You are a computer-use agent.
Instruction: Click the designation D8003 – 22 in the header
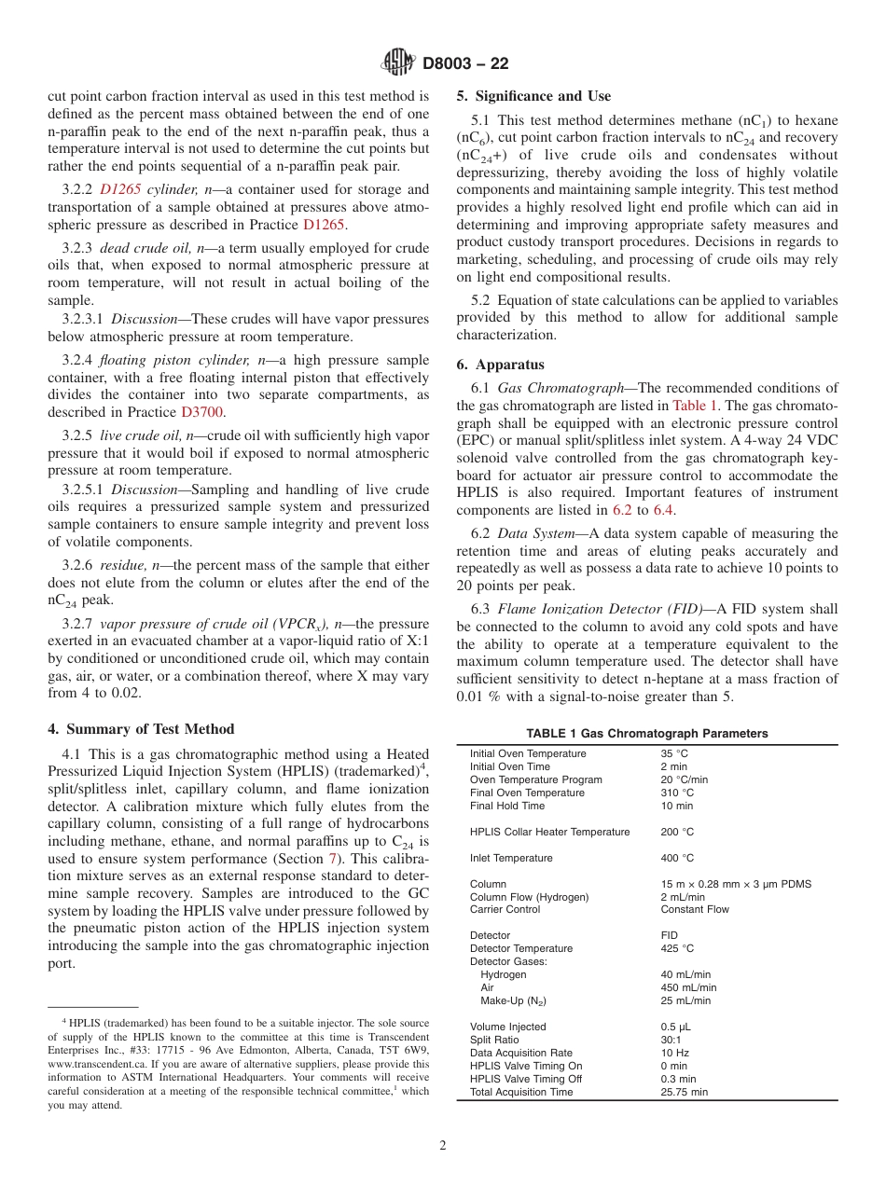(465, 64)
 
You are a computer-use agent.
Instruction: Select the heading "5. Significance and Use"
(533, 96)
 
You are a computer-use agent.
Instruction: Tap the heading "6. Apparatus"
(500, 365)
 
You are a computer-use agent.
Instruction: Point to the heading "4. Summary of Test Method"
(141, 729)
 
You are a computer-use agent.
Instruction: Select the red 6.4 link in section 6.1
(663, 510)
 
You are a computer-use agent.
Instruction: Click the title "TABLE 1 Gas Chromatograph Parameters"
(646, 734)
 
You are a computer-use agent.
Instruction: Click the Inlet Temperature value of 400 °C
(677, 858)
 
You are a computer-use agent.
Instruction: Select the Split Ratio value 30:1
(671, 1040)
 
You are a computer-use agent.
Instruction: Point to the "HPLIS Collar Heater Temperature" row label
(549, 832)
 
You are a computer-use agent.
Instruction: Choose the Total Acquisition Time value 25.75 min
(684, 1092)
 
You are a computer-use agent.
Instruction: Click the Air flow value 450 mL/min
(688, 987)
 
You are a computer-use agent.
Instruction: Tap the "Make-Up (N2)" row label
(513, 1000)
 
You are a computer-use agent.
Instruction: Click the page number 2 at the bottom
(443, 1146)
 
